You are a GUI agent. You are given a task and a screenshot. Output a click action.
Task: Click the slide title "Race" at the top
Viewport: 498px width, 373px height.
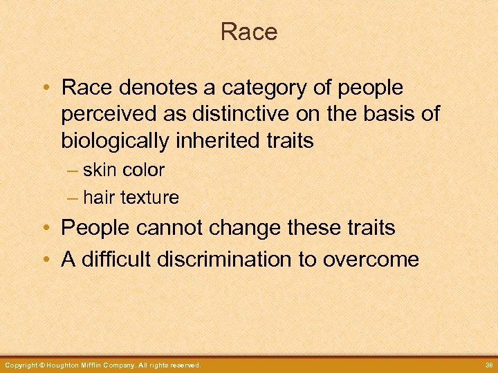pyautogui.click(x=249, y=32)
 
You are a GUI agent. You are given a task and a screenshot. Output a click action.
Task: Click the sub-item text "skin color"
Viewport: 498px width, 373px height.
pyautogui.click(x=124, y=170)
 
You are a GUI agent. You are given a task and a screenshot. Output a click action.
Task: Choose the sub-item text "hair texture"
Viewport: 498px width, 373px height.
pyautogui.click(x=131, y=198)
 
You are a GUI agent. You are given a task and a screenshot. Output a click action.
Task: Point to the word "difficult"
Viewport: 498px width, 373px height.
pyautogui.click(x=116, y=259)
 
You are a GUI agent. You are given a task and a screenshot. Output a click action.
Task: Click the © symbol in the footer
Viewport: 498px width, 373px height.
pyautogui.click(x=43, y=365)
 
